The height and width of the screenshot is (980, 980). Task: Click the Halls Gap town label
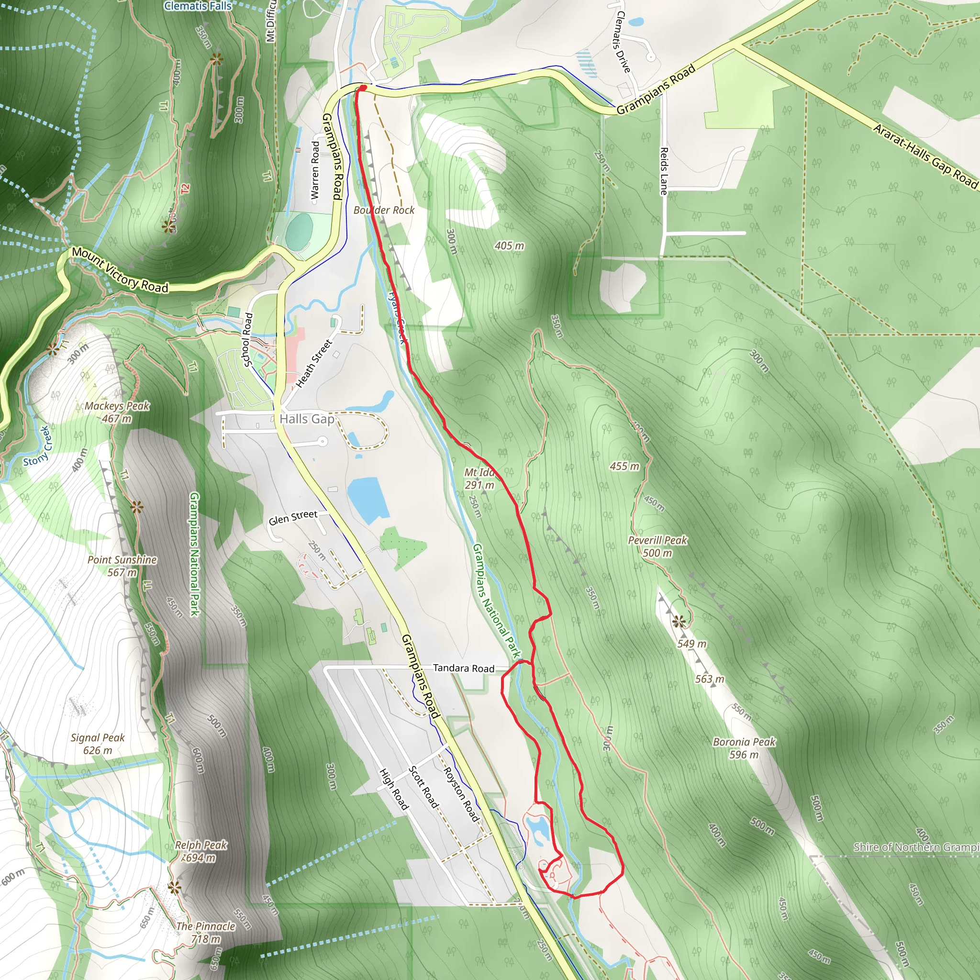pyautogui.click(x=307, y=419)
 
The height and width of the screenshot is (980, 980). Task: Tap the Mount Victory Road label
pyautogui.click(x=120, y=270)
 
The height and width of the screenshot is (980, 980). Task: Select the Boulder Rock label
pyautogui.click(x=384, y=210)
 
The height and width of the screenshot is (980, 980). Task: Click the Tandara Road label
pyautogui.click(x=464, y=668)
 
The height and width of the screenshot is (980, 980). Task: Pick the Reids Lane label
pyautogui.click(x=664, y=171)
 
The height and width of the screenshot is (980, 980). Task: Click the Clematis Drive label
pyautogui.click(x=623, y=42)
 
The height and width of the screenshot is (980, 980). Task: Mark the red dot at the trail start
pyautogui.click(x=363, y=88)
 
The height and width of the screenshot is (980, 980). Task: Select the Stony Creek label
pyautogui.click(x=37, y=446)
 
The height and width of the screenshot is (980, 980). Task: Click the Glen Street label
pyautogui.click(x=293, y=517)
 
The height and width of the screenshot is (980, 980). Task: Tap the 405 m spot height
pyautogui.click(x=509, y=246)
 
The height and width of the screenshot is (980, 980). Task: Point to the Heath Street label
pyautogui.click(x=313, y=364)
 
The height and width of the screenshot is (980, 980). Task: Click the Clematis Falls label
pyautogui.click(x=198, y=6)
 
